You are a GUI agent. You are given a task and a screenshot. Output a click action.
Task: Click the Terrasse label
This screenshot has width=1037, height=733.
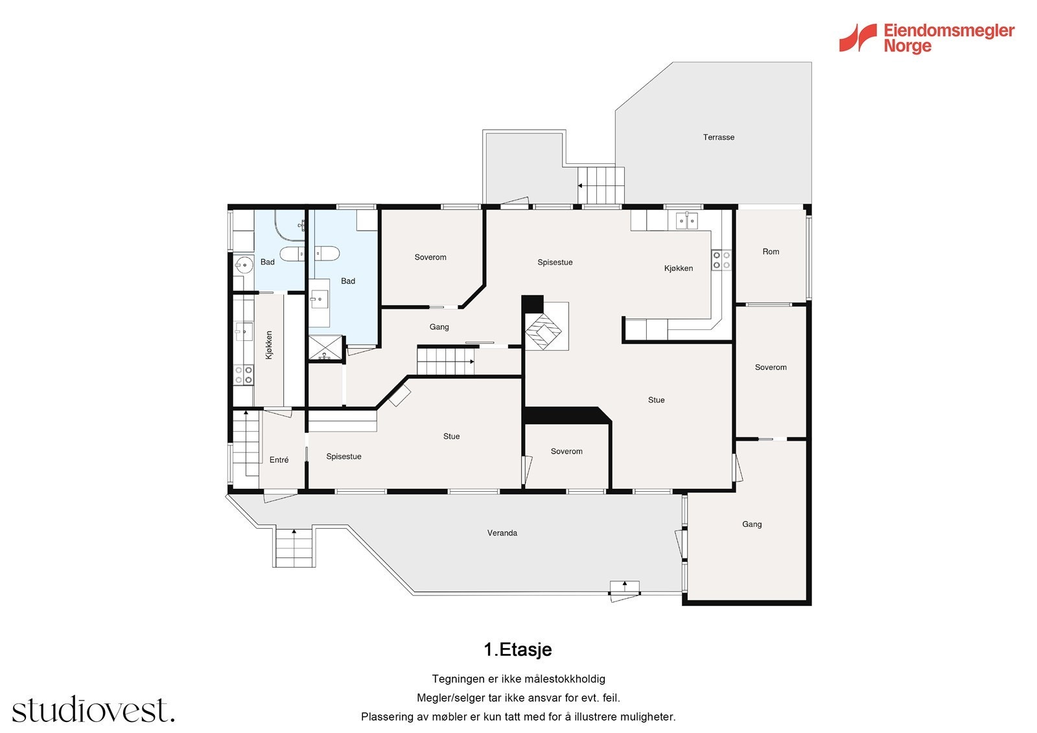coord(718,137)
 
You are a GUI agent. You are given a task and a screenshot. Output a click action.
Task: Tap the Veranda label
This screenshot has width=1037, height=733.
coord(502,533)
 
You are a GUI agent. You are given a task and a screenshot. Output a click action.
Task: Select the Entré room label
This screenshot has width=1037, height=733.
coord(279,460)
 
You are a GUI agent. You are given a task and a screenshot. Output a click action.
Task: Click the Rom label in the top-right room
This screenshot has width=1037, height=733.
coord(770,251)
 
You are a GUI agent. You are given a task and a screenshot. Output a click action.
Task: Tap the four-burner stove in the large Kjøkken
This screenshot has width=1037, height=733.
coord(721,260)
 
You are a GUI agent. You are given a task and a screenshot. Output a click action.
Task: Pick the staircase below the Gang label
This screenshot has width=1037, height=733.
coord(445,361)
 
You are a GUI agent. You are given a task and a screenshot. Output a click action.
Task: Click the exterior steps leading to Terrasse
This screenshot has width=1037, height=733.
coord(601,185)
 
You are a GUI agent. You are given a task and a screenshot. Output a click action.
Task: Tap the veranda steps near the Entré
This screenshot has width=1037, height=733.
coord(294,547)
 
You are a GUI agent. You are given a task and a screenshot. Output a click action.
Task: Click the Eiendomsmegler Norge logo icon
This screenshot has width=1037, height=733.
coord(857,38)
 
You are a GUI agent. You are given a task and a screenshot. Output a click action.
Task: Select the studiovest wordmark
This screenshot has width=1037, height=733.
coord(93,710)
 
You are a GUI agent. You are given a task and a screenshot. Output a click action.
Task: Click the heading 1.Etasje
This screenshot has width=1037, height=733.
coord(517,649)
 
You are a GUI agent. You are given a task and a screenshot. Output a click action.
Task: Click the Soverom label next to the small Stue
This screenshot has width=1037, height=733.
coord(566,451)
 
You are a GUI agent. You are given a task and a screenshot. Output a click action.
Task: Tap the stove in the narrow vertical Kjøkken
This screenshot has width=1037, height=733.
coord(244,375)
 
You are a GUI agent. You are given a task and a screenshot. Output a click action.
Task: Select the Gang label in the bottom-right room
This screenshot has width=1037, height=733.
coord(751,524)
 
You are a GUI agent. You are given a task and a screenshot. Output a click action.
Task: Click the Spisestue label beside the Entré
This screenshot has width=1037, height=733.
coord(344,456)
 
